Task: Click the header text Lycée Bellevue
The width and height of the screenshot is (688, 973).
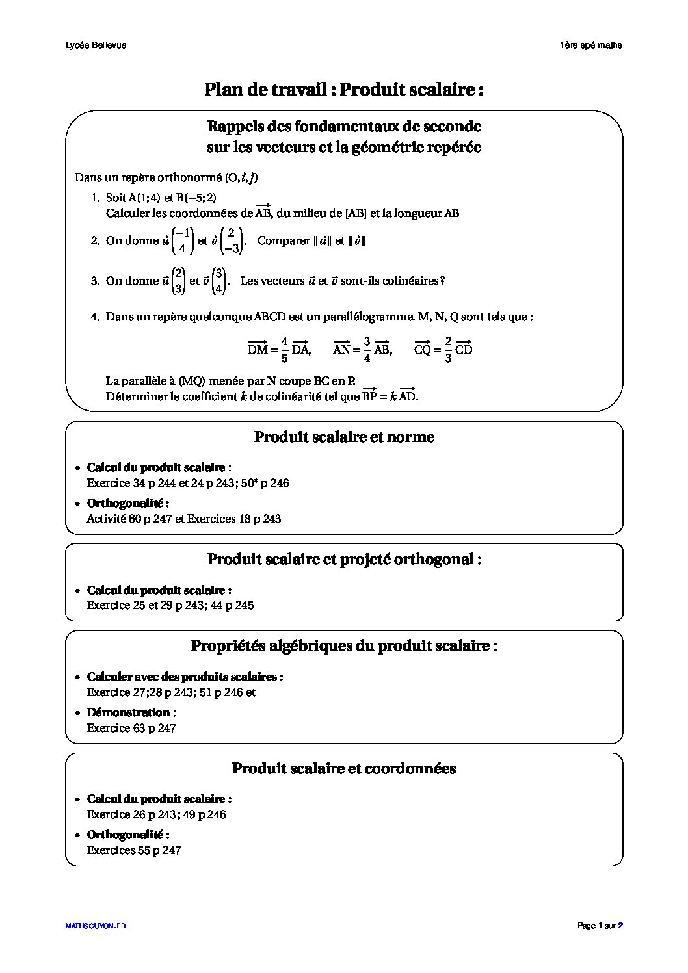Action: pyautogui.click(x=96, y=45)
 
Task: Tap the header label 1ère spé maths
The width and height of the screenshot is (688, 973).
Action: pyautogui.click(x=590, y=45)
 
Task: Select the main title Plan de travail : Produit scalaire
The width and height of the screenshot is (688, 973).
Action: pyautogui.click(x=344, y=89)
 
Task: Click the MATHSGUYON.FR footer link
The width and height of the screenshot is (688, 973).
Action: pyautogui.click(x=96, y=926)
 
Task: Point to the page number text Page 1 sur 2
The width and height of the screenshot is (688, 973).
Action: pyautogui.click(x=600, y=926)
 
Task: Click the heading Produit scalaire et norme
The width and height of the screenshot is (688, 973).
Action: pyautogui.click(x=344, y=437)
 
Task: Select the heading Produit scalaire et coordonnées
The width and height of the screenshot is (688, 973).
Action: pyautogui.click(x=344, y=768)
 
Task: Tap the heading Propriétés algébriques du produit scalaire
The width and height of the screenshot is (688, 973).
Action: pyautogui.click(x=344, y=645)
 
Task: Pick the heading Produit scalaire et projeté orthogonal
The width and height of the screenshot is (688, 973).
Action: pyautogui.click(x=344, y=559)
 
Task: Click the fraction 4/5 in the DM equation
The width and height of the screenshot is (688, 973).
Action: pyautogui.click(x=284, y=349)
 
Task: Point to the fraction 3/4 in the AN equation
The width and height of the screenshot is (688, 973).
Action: pyautogui.click(x=367, y=349)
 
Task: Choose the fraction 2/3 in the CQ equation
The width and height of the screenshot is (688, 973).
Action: pyautogui.click(x=448, y=349)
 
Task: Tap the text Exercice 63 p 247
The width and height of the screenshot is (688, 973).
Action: pyautogui.click(x=131, y=728)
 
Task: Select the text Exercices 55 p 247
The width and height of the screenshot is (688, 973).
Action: pyautogui.click(x=134, y=850)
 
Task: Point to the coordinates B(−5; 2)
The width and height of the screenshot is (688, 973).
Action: pyautogui.click(x=196, y=197)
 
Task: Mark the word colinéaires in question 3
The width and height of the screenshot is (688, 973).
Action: pyautogui.click(x=410, y=281)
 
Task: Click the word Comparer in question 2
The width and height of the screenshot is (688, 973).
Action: pyautogui.click(x=284, y=240)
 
